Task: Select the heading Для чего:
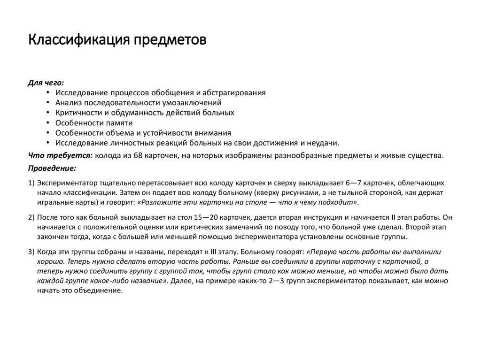click(x=46, y=83)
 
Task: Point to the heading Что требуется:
click(x=60, y=155)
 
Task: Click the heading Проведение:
click(x=52, y=168)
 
